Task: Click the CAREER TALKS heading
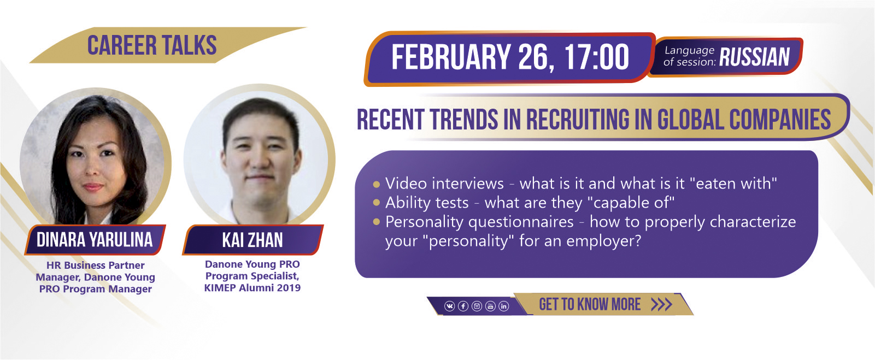[x=151, y=45]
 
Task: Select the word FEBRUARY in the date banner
[x=451, y=57]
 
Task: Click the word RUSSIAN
[x=754, y=57]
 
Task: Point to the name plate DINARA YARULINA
[x=95, y=240]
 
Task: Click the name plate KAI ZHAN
[x=252, y=240]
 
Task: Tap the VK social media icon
[x=450, y=306]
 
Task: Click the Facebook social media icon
[x=463, y=306]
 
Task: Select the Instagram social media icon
[x=477, y=306]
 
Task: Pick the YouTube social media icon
[x=491, y=306]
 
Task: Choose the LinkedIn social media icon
[x=504, y=306]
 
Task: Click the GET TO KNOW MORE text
[x=590, y=304]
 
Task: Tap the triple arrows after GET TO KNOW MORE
[x=661, y=304]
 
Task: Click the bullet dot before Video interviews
[x=377, y=184]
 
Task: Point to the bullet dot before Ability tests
[x=377, y=203]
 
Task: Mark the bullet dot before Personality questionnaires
[x=377, y=222]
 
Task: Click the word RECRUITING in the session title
[x=578, y=120]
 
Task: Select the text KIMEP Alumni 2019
[x=252, y=288]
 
